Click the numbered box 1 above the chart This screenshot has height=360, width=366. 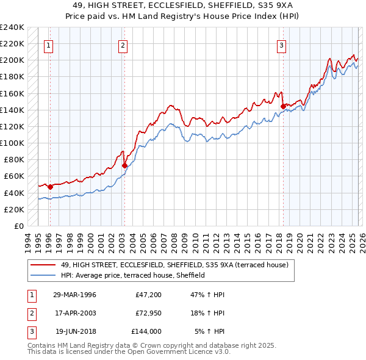point(48,45)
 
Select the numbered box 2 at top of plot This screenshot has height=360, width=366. point(123,45)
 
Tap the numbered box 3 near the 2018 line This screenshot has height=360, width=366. point(281,45)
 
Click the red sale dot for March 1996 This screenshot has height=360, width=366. point(50,187)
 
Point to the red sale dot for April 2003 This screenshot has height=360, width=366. point(124,165)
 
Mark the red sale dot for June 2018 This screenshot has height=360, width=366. point(283,106)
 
